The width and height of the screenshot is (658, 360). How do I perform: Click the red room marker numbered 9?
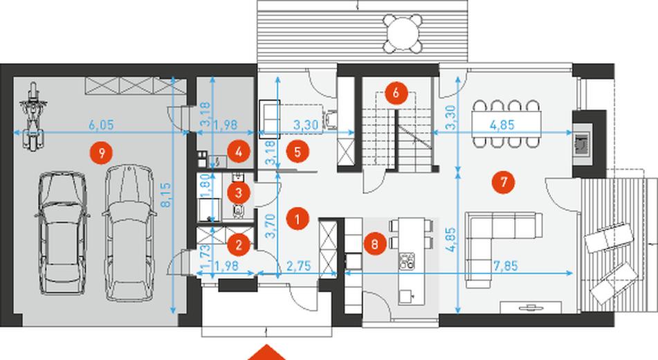click(x=101, y=153)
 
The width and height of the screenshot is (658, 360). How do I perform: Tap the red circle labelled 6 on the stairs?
click(x=396, y=93)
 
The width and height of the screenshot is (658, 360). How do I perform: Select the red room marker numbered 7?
click(x=504, y=182)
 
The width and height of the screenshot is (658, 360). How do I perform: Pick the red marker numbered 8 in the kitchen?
click(x=375, y=244)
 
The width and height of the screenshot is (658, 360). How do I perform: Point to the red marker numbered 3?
click(x=239, y=193)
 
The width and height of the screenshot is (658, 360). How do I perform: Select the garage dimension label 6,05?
click(x=101, y=125)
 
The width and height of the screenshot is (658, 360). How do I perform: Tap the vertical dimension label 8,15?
click(x=166, y=195)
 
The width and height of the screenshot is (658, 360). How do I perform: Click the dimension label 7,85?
click(x=505, y=265)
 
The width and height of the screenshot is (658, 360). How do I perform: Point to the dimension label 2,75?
click(x=298, y=266)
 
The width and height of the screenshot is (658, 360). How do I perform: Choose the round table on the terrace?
click(x=403, y=33)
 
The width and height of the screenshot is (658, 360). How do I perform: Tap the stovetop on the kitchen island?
click(x=407, y=261)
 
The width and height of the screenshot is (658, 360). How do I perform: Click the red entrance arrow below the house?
click(x=266, y=353)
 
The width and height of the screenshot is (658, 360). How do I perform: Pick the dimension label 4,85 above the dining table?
click(x=502, y=125)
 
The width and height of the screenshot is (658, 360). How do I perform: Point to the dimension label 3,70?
click(x=271, y=226)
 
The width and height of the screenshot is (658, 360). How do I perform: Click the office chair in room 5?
click(x=330, y=118)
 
